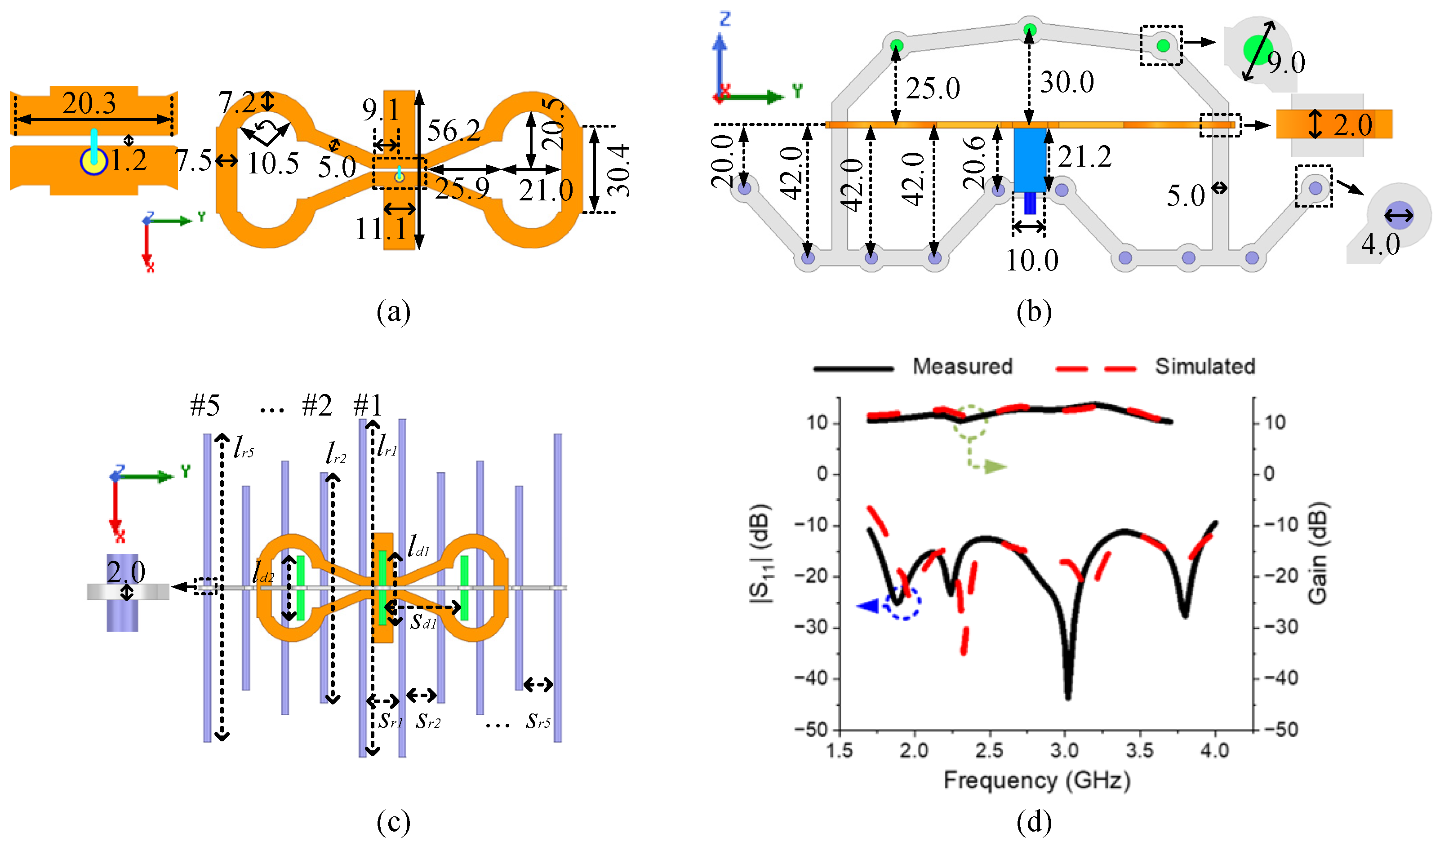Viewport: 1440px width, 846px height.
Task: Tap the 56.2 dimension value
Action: [x=454, y=131]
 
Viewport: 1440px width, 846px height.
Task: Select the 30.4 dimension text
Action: [x=618, y=170]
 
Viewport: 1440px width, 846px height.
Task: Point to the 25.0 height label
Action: [x=933, y=89]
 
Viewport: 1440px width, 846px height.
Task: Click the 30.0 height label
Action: [x=1066, y=82]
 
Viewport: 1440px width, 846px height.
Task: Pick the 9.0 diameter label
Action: [x=1286, y=62]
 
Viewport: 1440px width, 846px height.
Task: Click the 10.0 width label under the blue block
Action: [x=1031, y=261]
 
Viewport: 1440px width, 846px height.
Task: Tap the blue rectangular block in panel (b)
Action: [x=1030, y=159]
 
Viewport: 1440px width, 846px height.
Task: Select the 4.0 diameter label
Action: [x=1380, y=244]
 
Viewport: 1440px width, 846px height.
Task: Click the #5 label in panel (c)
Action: [x=204, y=406]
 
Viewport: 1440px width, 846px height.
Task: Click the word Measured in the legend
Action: [x=962, y=366]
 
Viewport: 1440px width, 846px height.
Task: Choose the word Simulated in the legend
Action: [x=1204, y=366]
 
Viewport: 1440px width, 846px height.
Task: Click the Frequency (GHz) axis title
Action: [x=1036, y=780]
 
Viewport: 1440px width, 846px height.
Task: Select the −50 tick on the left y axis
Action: [x=811, y=730]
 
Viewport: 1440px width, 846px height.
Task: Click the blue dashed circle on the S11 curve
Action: [x=902, y=602]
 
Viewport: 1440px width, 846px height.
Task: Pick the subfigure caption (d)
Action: [x=1034, y=822]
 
